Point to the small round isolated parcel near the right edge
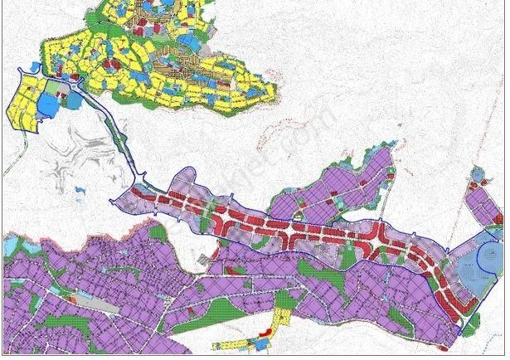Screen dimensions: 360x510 click(x=478, y=174)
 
